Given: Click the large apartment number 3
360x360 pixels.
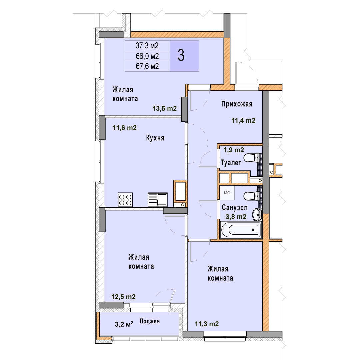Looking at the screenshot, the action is [181, 56].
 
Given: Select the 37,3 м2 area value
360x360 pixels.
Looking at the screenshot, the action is [147, 46].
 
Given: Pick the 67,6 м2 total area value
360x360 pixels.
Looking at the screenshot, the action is [147, 66].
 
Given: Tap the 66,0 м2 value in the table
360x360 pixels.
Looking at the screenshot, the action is [147, 56].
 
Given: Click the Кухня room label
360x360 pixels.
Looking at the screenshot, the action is [155, 138].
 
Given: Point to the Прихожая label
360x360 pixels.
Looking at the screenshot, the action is [237, 104].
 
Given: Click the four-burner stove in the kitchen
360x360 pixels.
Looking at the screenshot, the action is [125, 200].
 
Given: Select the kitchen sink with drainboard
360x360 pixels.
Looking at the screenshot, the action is [157, 200].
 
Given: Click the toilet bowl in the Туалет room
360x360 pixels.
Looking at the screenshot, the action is [250, 158].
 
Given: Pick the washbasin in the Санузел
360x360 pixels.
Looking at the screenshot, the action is [257, 214].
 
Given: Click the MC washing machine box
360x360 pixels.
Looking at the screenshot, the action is [227, 193].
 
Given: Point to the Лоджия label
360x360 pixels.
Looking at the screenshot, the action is [150, 321].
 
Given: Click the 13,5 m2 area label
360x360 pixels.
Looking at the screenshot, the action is [165, 108].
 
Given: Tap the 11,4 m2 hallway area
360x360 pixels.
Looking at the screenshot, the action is [243, 121].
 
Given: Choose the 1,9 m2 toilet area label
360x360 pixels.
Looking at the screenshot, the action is [234, 150].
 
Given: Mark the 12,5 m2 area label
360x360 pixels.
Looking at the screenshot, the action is [124, 297].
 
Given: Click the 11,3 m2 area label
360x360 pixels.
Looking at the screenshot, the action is [207, 324].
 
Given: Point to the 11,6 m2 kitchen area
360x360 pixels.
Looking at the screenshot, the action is [125, 128].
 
